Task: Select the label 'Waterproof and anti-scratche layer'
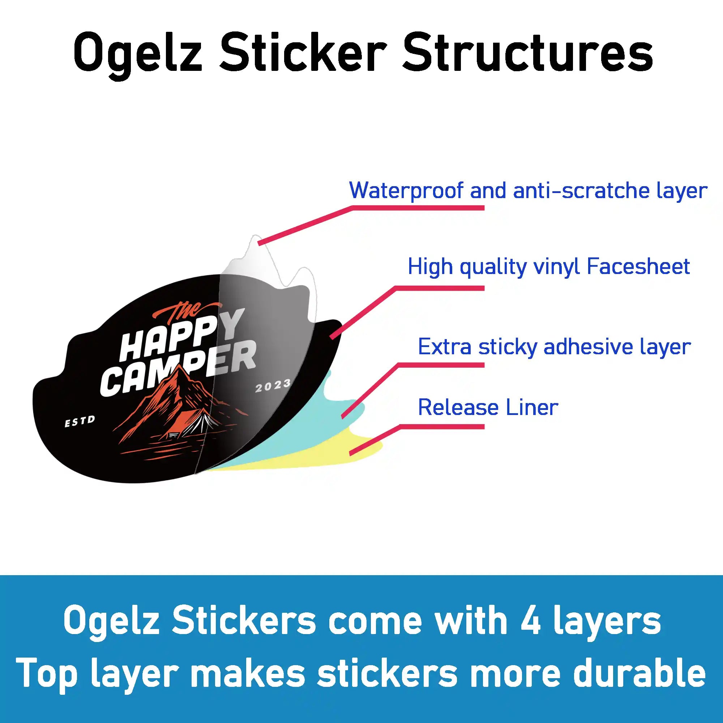tap(528, 191)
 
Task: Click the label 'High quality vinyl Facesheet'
tap(549, 267)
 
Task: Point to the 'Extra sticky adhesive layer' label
tap(554, 347)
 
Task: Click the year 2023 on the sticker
tap(273, 386)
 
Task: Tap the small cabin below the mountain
tap(173, 435)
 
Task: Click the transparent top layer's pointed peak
tap(256, 237)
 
